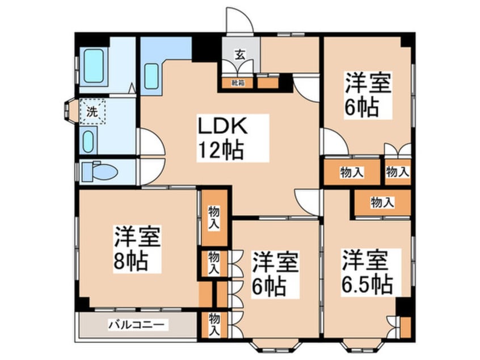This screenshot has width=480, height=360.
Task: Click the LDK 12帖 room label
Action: (221, 136)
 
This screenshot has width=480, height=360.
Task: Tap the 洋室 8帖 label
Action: (138, 249)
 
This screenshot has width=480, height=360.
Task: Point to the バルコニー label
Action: (136, 326)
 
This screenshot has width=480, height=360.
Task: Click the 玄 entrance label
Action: (240, 55)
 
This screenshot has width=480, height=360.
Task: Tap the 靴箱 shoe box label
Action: (237, 83)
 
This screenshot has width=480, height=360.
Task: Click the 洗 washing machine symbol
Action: (91, 111)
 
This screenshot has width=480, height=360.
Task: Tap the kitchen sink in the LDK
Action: (151, 76)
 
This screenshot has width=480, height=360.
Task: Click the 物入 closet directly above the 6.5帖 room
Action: (382, 202)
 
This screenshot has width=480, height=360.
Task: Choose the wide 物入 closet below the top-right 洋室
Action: (352, 173)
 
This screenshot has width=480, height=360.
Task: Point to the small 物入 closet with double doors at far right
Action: (397, 172)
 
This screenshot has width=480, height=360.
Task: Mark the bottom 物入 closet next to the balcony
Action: (214, 324)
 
